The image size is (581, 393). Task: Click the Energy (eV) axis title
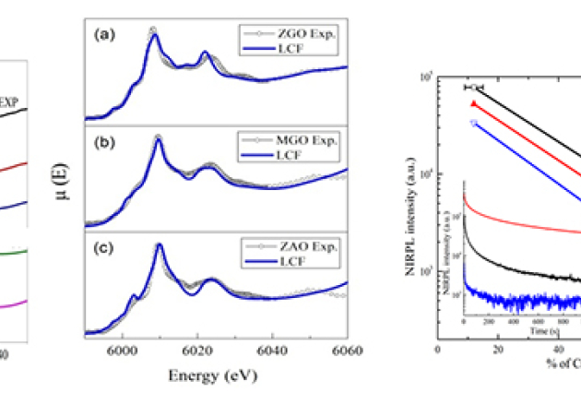pos(214,376)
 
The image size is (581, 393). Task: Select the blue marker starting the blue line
pos(474,123)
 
